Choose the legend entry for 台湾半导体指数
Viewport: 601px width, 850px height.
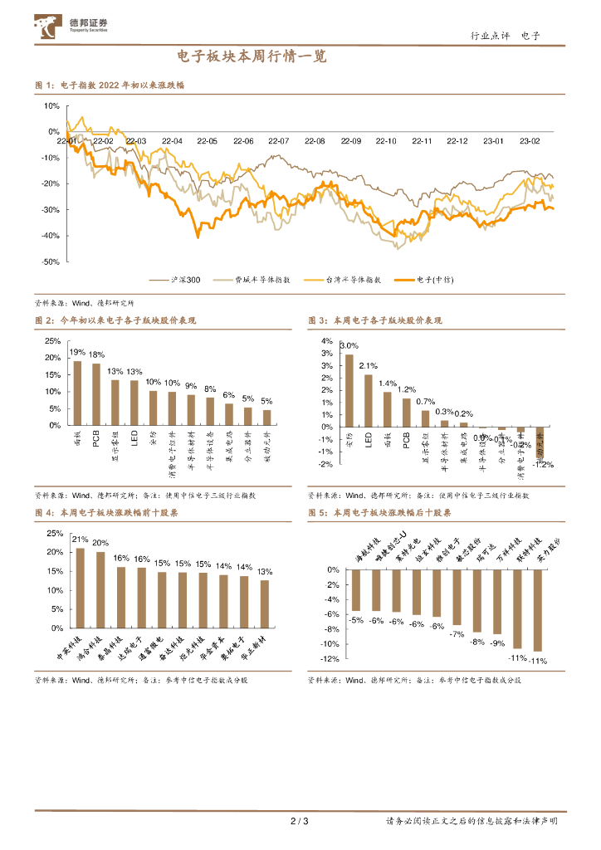tap(341, 281)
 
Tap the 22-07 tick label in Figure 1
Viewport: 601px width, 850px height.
tap(279, 142)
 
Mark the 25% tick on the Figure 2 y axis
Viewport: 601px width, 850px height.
tap(52, 341)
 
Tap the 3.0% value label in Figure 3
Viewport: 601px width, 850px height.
tap(349, 345)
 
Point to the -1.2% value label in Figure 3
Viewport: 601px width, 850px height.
tap(544, 465)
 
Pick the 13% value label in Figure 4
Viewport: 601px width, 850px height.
tap(265, 572)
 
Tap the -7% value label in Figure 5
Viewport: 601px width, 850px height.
tap(457, 634)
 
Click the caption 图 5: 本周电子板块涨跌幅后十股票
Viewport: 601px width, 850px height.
tap(379, 513)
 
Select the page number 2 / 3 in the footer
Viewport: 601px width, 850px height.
tap(300, 822)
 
